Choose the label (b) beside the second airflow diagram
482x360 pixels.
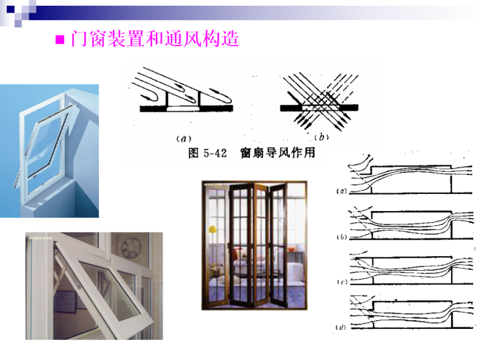(x=340, y=236)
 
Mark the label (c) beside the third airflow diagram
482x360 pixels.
(x=340, y=282)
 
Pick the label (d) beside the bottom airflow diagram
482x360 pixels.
(x=340, y=328)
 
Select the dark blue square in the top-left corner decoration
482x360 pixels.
(x=8, y=8)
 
